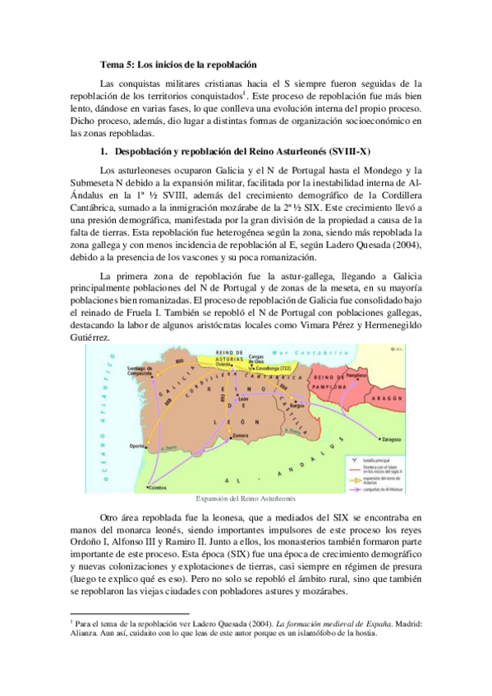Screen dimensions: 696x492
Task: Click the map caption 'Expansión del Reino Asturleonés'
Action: (245, 499)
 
